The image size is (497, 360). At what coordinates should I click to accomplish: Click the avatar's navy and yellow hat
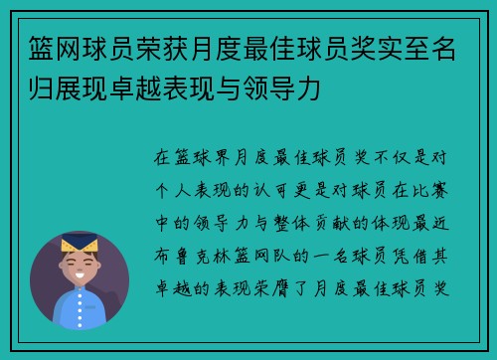click(x=79, y=242)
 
